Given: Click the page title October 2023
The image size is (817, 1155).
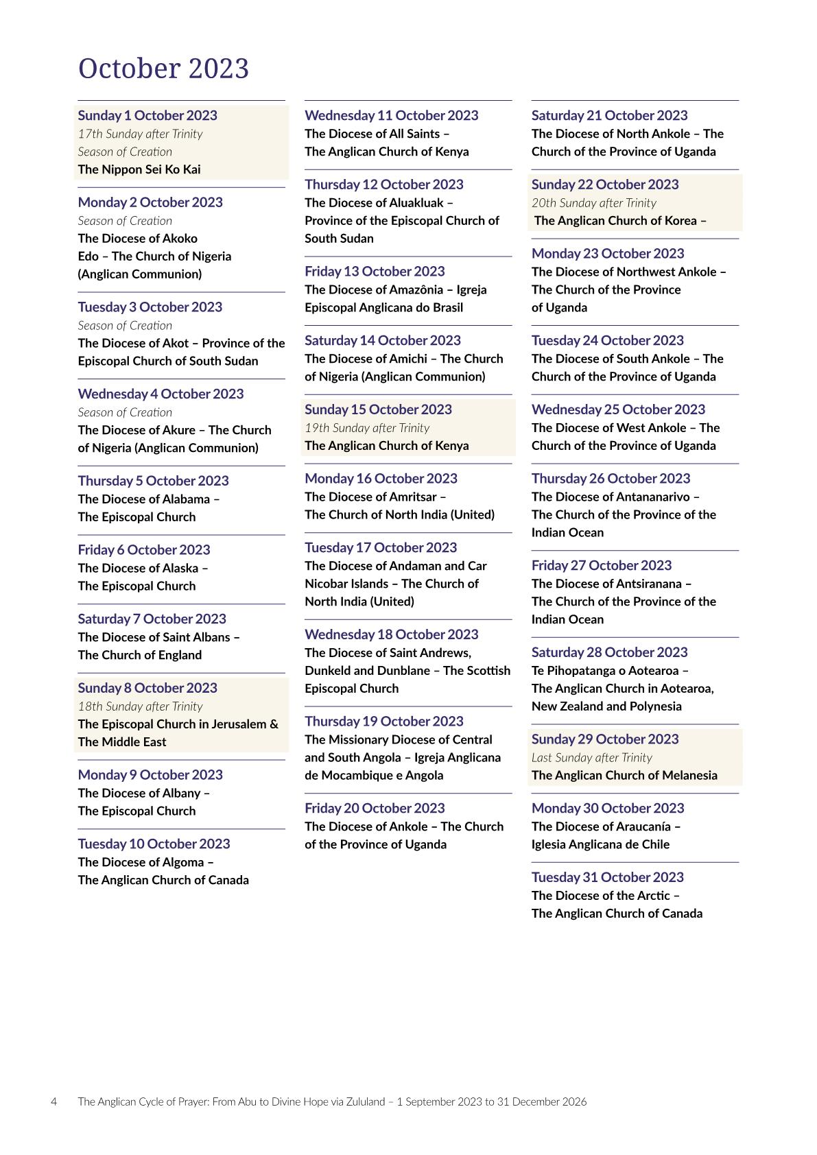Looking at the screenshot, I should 163,69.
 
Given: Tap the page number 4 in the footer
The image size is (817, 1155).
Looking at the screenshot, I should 54,1102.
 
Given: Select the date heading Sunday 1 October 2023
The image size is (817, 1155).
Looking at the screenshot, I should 147,115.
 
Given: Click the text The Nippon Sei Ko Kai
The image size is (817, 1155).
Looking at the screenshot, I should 139,169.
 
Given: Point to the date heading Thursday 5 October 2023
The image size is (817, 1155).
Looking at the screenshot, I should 153,481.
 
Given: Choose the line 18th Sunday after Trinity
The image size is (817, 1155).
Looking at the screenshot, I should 140,706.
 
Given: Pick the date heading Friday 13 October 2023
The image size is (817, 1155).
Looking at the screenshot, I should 375,272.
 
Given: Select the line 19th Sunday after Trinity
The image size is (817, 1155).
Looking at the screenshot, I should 367,428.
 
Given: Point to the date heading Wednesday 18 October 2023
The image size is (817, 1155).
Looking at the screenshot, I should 391,634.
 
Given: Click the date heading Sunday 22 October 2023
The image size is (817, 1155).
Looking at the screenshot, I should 605,184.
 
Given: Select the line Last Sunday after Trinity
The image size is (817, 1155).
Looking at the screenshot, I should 591,757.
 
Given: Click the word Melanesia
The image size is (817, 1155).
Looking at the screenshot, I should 686,776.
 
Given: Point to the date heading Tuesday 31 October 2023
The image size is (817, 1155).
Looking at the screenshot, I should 607,877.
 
